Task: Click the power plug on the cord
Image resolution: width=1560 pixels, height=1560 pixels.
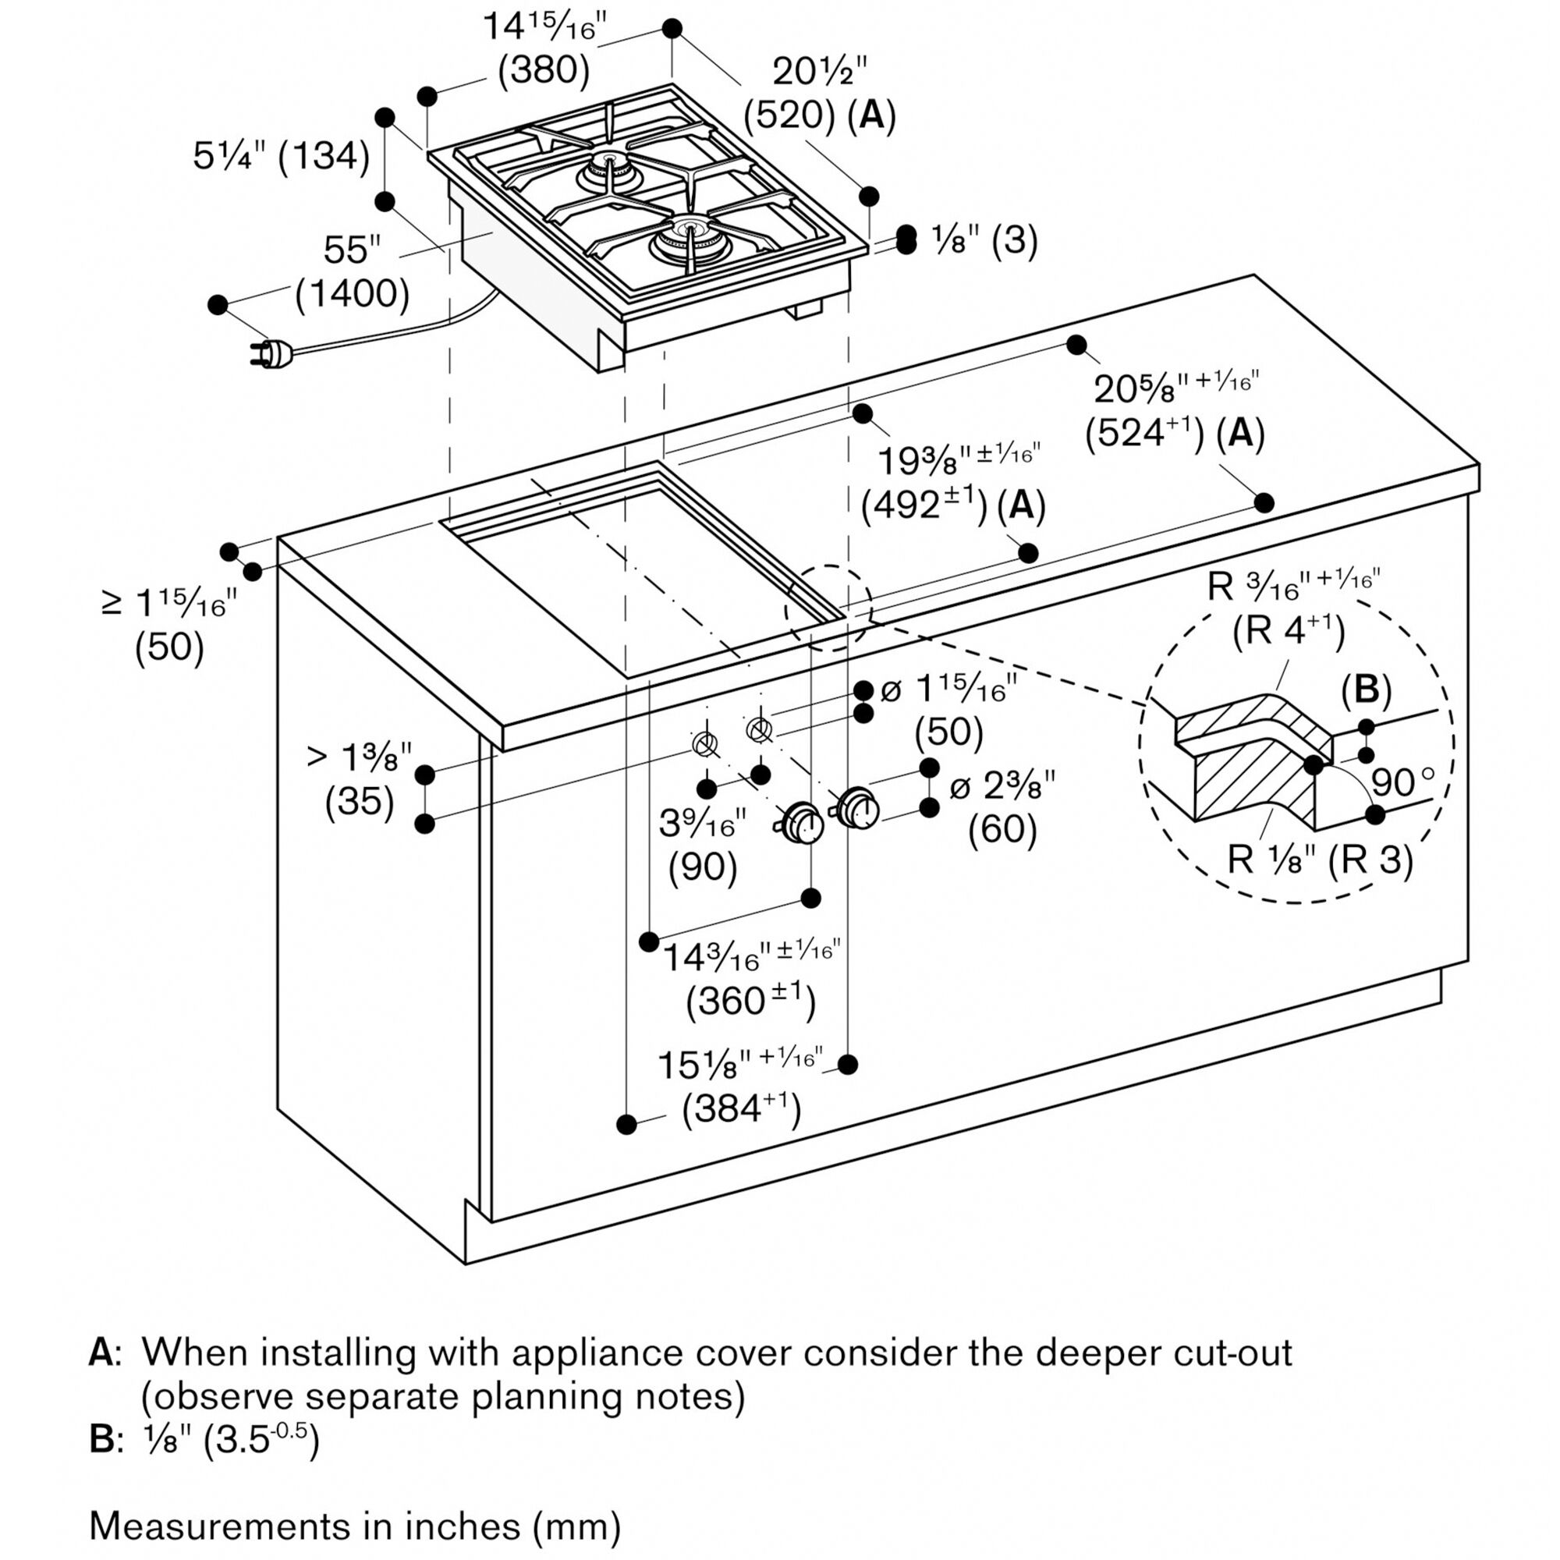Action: coord(271,353)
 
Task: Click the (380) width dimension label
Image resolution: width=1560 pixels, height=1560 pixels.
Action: coord(544,71)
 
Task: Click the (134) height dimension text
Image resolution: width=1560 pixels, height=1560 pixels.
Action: coord(324,156)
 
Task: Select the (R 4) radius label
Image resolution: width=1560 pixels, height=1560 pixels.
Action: coord(1289,630)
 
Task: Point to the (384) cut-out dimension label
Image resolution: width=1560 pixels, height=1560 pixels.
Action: coord(741,1108)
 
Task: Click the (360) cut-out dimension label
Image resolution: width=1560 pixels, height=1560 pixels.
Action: coord(751,1002)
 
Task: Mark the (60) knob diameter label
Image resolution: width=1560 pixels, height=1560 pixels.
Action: coord(1002,828)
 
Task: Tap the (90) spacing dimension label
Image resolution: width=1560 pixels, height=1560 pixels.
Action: coord(703,867)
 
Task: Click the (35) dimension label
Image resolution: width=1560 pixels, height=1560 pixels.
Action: coord(360,802)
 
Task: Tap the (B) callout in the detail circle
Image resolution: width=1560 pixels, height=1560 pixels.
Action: coord(1367,690)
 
